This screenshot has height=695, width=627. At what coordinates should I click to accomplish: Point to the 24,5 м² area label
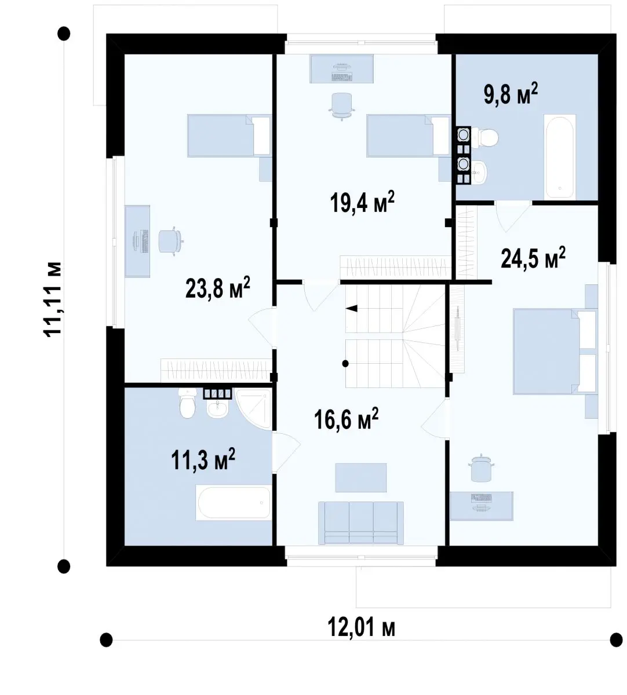click(x=533, y=258)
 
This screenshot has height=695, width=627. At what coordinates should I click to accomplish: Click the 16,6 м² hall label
click(x=346, y=419)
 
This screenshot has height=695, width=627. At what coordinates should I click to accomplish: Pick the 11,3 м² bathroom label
click(x=203, y=459)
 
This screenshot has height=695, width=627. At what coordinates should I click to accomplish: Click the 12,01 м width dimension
click(x=361, y=627)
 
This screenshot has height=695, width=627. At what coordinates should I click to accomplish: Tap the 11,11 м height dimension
click(x=52, y=298)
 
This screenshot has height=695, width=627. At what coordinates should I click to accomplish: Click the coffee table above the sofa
click(x=360, y=477)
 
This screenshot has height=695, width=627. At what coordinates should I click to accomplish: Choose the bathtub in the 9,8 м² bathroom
click(x=560, y=157)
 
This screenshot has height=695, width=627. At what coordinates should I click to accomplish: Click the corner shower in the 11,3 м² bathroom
click(x=254, y=409)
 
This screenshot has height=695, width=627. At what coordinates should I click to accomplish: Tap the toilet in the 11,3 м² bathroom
click(x=187, y=403)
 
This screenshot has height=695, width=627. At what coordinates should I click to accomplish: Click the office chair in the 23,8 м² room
click(x=170, y=241)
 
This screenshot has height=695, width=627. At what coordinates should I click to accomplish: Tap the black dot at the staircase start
click(x=345, y=364)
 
